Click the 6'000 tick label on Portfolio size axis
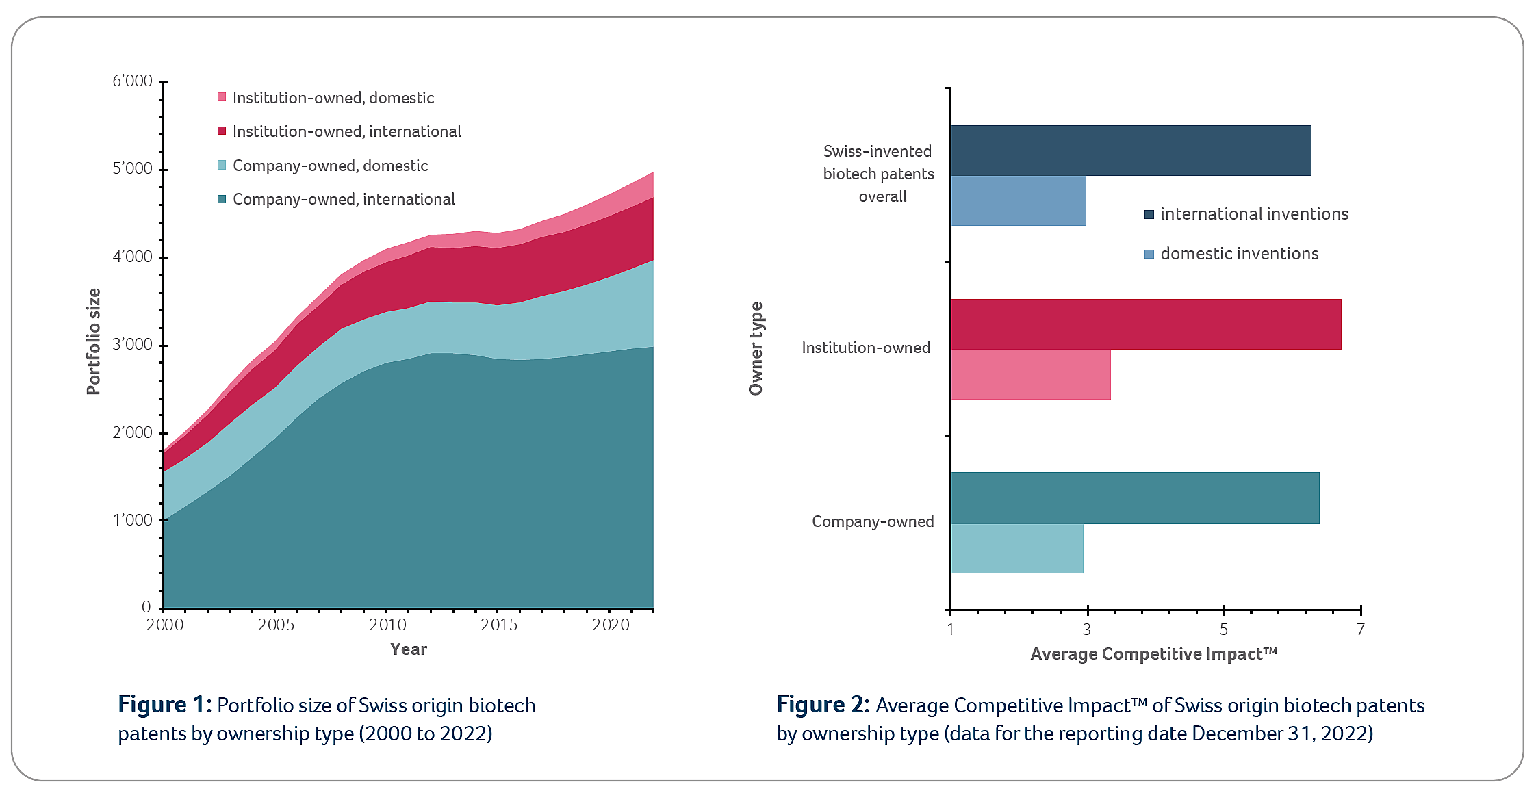coord(132,81)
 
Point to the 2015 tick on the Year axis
coord(499,625)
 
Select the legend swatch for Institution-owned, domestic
coord(222,97)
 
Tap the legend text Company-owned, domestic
coord(330,166)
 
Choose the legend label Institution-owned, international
coord(346,131)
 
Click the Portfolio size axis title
coord(93,341)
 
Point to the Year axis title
coord(408,649)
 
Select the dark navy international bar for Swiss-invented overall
coord(1129,151)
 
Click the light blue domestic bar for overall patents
coord(1018,201)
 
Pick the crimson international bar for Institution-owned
coord(1145,324)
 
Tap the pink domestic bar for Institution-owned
coord(1030,375)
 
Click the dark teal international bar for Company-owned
coord(1134,498)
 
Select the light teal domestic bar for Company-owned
coord(1016,549)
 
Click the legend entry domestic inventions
coord(1239,254)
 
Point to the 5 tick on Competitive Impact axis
coord(1224,629)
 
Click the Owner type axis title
coord(756,348)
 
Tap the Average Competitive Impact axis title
coord(1153,654)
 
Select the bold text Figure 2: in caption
coord(822,705)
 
